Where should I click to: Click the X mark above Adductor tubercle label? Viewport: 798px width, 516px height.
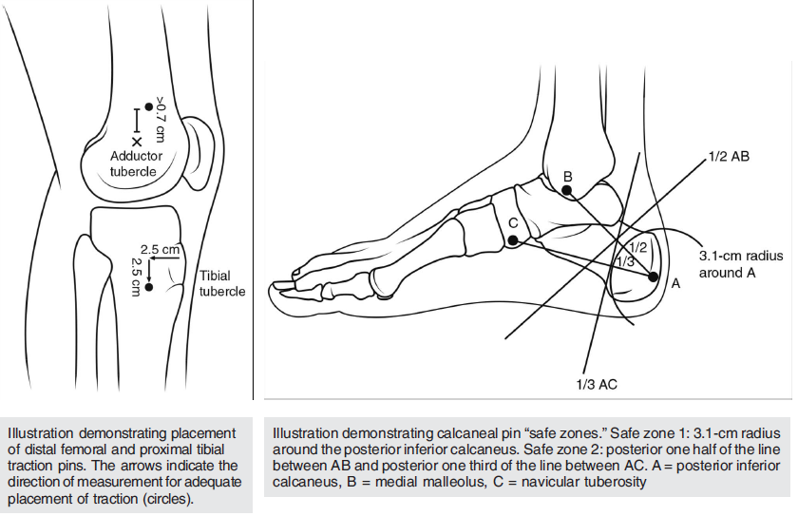coord(137,141)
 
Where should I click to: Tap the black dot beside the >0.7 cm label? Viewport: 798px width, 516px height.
coord(148,106)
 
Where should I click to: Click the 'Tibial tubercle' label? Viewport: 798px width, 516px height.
coord(222,283)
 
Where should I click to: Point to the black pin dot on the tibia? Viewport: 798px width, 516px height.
coord(148,288)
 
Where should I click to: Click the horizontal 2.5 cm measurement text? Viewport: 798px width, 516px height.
coord(160,250)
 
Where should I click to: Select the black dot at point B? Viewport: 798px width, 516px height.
coord(567,191)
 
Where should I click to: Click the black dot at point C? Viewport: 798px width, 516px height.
coord(513,241)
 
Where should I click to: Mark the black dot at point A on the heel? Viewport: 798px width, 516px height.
coord(654,277)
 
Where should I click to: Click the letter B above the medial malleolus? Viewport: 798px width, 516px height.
coord(567,176)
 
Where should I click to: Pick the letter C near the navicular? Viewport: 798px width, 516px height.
coord(513,223)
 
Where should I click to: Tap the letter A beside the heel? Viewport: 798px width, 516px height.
coord(676,282)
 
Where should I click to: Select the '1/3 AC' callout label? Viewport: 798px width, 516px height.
coord(596,384)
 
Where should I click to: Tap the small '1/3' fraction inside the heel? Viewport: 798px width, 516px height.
coord(625,260)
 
